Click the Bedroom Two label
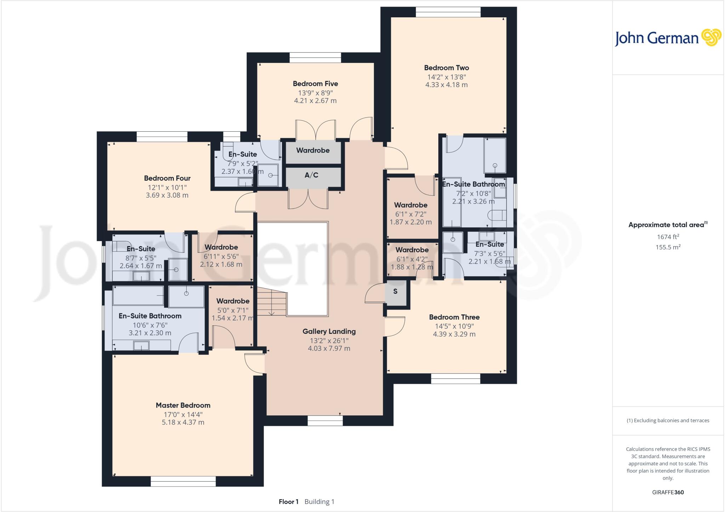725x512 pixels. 446,68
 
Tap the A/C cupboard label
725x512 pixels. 312,175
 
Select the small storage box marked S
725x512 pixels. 395,291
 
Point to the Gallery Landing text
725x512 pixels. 329,331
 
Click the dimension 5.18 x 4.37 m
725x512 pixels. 183,422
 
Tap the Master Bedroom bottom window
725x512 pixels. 183,481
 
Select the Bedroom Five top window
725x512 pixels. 315,57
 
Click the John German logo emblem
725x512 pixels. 711,38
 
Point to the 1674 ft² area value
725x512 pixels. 668,237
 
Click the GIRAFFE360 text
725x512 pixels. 668,492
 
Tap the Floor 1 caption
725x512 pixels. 289,502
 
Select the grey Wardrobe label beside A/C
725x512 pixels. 313,150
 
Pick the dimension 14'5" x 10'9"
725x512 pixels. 454,326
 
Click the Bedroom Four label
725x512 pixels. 167,178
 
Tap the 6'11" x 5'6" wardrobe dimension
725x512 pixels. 221,256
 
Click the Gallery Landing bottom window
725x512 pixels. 325,420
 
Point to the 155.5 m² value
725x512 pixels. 668,247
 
